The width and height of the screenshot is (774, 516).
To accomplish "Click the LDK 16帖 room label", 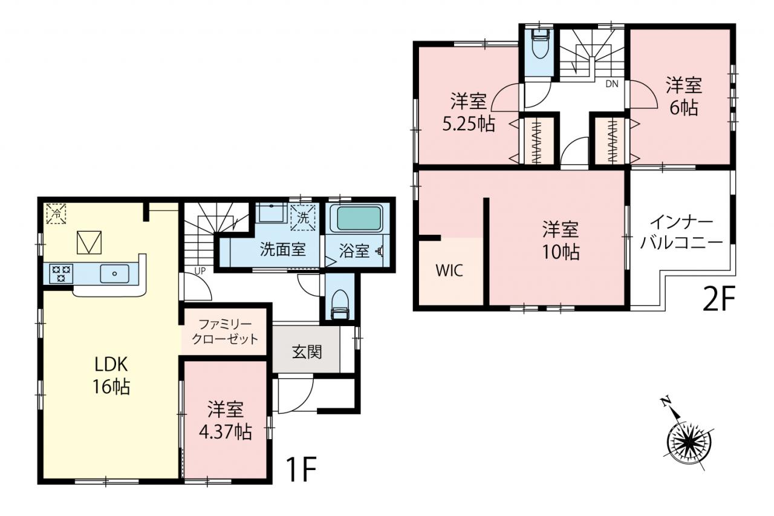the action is (111, 375).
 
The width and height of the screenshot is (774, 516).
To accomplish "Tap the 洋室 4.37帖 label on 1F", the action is (226, 420).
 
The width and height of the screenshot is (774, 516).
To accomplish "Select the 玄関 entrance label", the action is (307, 352).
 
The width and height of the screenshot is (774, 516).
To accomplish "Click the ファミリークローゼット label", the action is (225, 331).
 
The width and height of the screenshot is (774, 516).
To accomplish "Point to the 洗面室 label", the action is (282, 249).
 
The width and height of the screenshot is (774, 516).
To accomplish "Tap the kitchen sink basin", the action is (115, 273).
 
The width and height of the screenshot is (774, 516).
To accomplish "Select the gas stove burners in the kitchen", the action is (61, 273).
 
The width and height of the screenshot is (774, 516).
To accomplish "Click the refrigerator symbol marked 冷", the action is (56, 214).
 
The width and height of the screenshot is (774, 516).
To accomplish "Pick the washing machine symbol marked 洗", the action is (303, 218).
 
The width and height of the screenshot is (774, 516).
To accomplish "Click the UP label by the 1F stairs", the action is (200, 271).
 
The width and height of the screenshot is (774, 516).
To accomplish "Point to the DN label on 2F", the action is (612, 84).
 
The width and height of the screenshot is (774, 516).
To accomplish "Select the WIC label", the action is (449, 270).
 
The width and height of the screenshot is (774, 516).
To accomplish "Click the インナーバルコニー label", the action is (681, 233).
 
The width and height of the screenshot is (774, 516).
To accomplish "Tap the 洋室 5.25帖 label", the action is (469, 112).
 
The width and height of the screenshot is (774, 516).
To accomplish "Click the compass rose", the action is (689, 439).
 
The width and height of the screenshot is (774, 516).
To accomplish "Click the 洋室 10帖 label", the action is (561, 241).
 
